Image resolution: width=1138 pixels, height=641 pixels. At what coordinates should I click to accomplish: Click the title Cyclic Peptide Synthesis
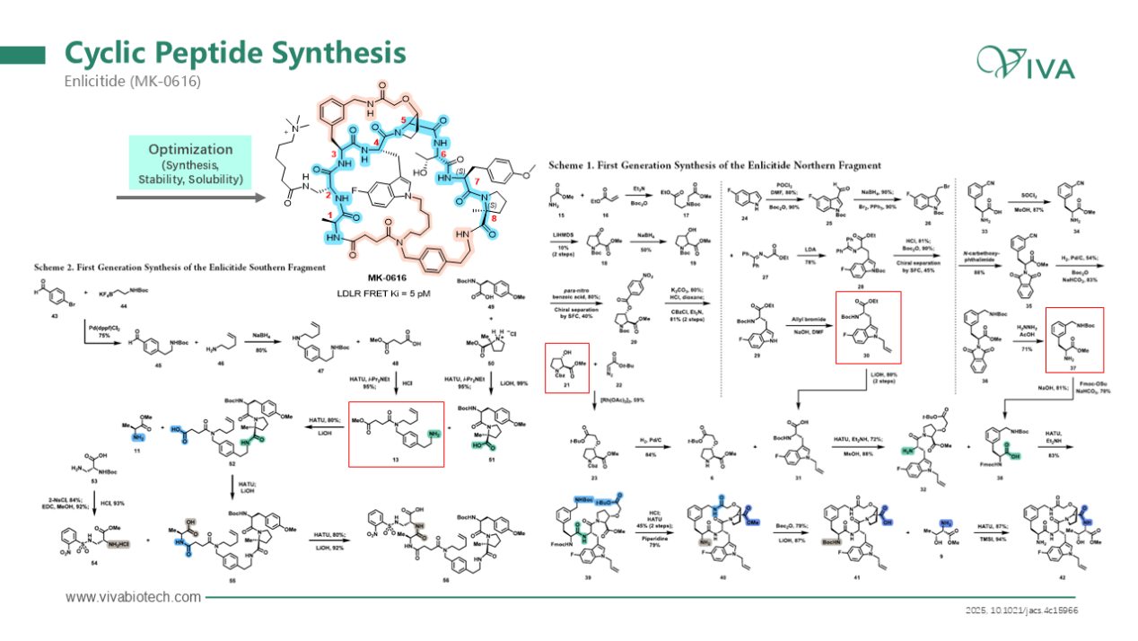coord(234,53)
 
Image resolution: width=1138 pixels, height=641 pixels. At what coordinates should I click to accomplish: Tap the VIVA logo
coord(1025,63)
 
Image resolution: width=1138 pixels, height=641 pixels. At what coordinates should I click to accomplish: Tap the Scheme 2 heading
coord(179,267)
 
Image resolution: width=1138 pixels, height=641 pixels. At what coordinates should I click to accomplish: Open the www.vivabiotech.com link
coord(133,596)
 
